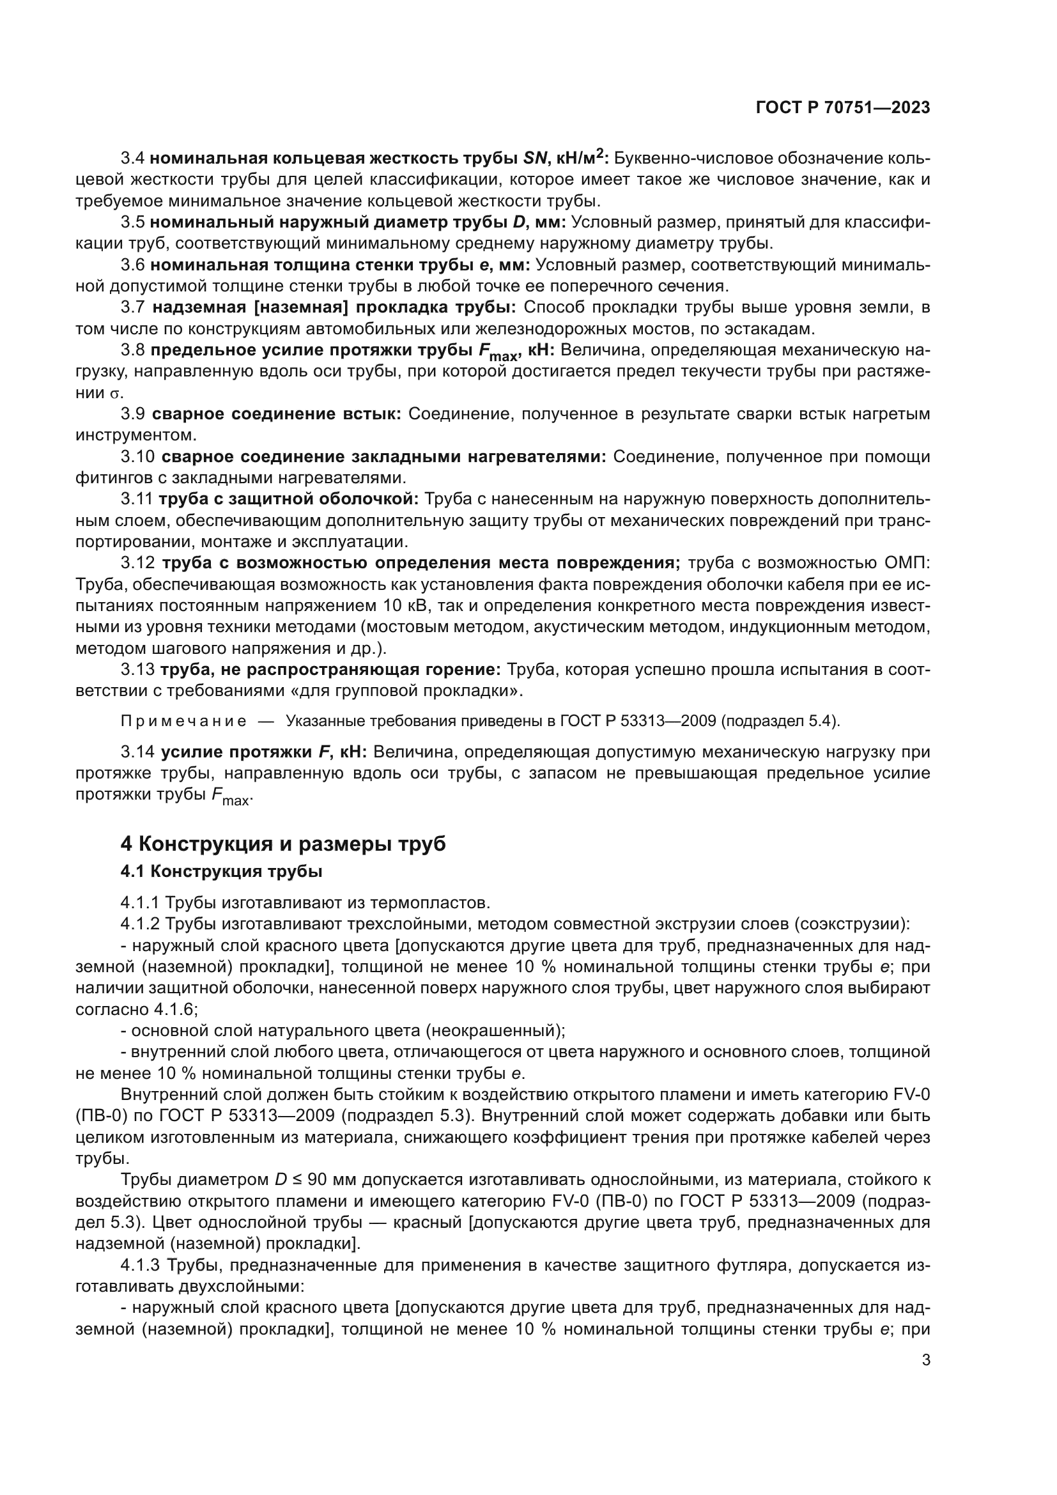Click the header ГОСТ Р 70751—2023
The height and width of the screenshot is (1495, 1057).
[x=843, y=108]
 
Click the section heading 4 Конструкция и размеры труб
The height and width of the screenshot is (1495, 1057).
[x=283, y=843]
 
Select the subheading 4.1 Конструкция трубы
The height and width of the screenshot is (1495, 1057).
[x=221, y=871]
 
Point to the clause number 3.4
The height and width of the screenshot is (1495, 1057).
[x=133, y=159]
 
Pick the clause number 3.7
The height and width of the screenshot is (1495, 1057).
[x=133, y=307]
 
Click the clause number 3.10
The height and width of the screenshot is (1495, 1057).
[x=137, y=457]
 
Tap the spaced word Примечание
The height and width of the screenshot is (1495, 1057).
[x=183, y=722]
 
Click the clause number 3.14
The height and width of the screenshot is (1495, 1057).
[x=137, y=752]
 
